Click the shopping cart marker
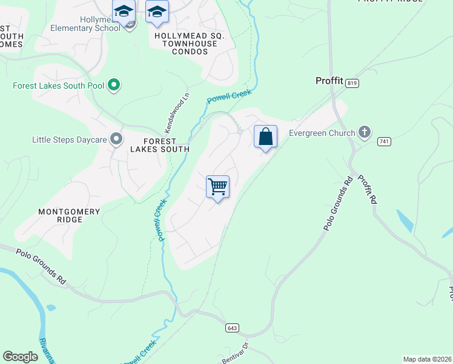[217, 186]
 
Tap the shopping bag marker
[265, 136]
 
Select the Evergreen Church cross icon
[364, 132]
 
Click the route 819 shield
[353, 84]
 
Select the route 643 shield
[232, 328]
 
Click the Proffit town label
[329, 81]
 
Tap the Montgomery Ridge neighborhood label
[68, 215]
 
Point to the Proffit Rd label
[367, 189]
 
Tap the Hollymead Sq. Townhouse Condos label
[190, 44]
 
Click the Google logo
[21, 357]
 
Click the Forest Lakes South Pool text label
[58, 86]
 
